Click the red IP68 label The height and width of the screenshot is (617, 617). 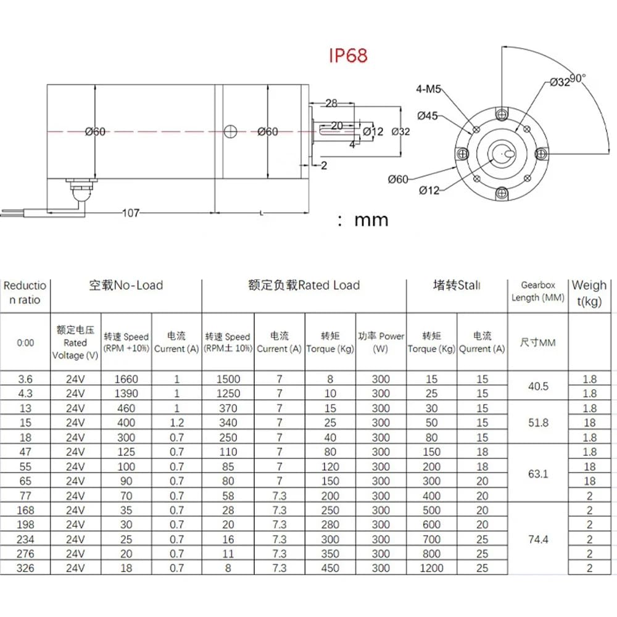coord(348,56)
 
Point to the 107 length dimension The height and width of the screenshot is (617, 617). coord(130,213)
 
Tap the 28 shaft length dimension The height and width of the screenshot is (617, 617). coord(331,103)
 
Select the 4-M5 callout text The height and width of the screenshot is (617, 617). coord(429,89)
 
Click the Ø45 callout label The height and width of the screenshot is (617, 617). coord(428,115)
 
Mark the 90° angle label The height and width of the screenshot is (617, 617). coord(577,78)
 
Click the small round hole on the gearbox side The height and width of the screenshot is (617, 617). coord(231,130)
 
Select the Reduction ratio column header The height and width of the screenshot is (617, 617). coord(25,292)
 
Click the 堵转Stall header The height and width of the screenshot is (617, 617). coord(457,285)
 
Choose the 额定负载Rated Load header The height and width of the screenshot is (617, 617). coord(304,285)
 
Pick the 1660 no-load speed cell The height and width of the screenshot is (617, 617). coord(126,379)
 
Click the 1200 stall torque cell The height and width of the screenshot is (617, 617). coord(431,568)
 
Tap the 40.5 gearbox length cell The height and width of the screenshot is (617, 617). coord(536,386)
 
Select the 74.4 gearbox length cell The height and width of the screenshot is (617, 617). coord(536,539)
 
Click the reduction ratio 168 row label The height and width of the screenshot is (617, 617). coord(25,510)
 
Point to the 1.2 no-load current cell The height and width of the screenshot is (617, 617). coord(176,423)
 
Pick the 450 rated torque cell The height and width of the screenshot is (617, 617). coord(330,568)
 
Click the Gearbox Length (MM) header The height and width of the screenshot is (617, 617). coord(537,292)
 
